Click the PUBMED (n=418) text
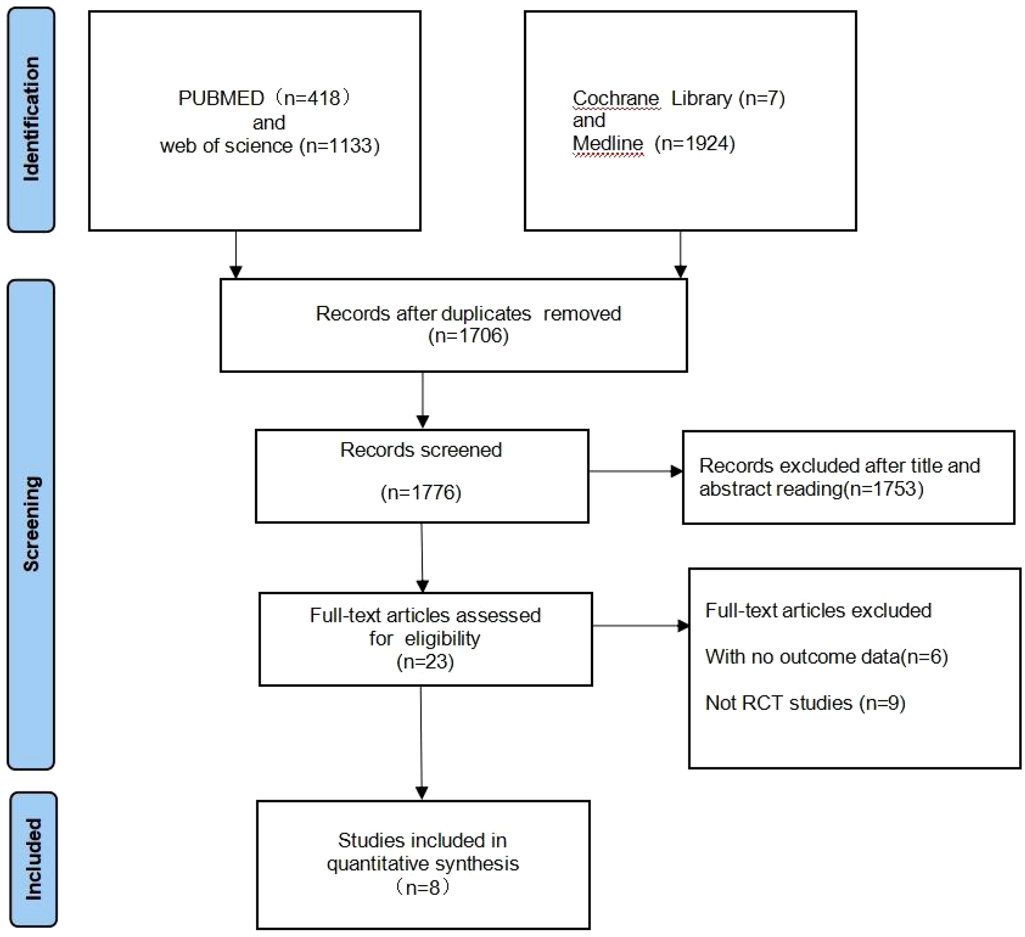pos(264,98)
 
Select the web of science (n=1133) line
pos(270,146)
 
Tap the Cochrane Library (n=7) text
pos(679,98)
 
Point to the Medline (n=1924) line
pos(654,144)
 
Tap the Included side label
pos(34,859)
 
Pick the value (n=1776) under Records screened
pos(421,492)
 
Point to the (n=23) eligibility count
pos(425,661)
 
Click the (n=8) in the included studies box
pos(423,887)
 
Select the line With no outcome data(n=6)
pos(827,657)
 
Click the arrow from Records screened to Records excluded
pos(635,471)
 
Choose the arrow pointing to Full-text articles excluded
pos(640,625)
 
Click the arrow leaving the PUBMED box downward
pos(236,254)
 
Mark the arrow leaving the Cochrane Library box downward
pos(680,254)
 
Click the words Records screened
pos(421,450)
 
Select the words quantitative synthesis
pos(423,863)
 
